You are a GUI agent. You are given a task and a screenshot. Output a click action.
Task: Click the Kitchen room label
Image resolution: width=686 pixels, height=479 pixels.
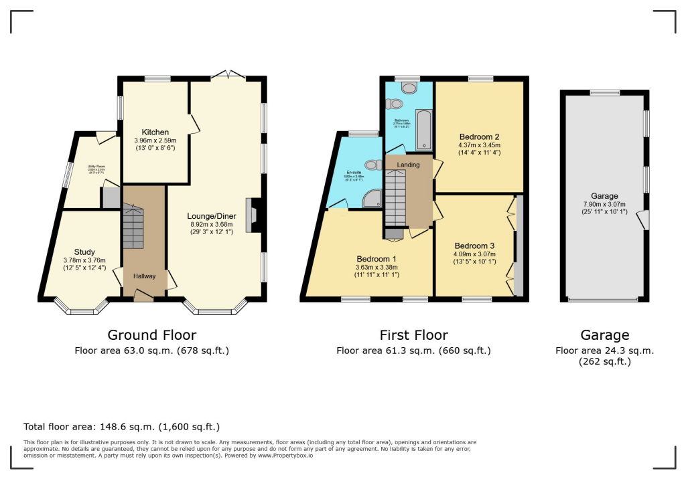155,132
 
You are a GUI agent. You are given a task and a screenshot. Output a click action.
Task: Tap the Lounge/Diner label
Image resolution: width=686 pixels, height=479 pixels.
211,216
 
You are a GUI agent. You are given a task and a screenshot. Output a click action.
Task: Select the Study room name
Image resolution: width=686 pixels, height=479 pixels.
84,252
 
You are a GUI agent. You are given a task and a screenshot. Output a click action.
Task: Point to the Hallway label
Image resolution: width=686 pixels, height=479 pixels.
143,276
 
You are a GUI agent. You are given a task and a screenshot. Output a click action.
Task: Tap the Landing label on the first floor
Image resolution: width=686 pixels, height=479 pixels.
408,165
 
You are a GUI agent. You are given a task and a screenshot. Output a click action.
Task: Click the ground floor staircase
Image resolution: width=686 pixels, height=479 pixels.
133,227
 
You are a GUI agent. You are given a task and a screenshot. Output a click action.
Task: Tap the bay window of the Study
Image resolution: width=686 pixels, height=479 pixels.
82,307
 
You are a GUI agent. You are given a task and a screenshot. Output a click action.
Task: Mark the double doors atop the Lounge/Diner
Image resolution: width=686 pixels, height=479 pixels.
227,75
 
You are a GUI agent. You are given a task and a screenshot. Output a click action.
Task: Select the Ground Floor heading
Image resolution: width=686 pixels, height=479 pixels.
152,335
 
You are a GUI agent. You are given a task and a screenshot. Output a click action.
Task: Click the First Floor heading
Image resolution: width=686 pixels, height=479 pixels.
413,335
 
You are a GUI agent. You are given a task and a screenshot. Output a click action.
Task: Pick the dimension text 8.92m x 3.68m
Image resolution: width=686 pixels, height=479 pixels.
211,225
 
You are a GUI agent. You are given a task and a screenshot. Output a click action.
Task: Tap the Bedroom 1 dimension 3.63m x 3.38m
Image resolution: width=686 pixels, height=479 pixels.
376,268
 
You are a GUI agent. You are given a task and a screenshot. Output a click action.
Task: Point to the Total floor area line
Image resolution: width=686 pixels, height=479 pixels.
121,426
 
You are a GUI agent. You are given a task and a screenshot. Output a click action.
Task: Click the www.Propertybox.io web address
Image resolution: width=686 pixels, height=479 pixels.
285,455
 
